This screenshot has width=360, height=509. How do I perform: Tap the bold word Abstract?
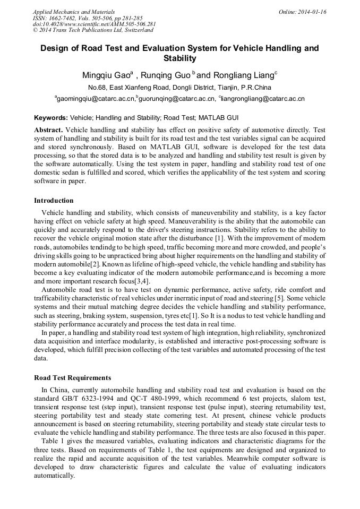[48, 130]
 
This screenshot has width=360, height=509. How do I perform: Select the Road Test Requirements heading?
[72, 378]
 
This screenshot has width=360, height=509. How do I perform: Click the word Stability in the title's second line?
[179, 58]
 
